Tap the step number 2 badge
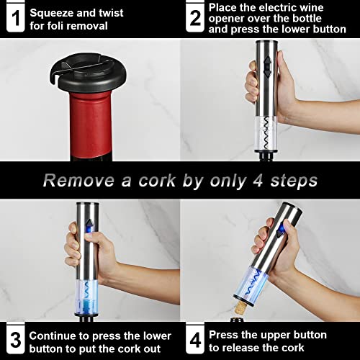(x=194, y=18)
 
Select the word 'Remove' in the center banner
(x=73, y=180)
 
